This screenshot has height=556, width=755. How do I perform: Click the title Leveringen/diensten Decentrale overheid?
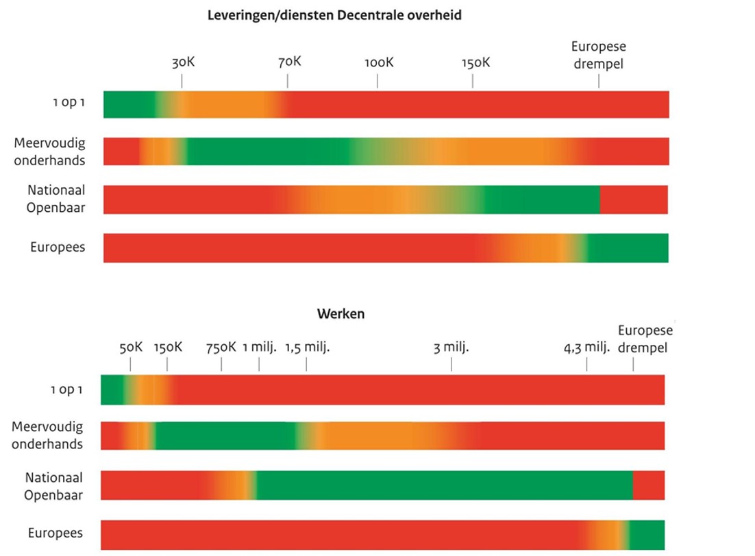point(334,15)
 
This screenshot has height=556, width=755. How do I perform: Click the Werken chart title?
point(341,314)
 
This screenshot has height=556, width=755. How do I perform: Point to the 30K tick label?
point(183,62)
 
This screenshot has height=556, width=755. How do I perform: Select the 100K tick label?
point(379,62)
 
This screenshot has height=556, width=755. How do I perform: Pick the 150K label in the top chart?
point(475,62)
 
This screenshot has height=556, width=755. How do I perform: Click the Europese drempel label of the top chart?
point(599,55)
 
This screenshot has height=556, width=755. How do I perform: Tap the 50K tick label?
point(131,347)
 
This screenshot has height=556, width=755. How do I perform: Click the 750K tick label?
point(221,347)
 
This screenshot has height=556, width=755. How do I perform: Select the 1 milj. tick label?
point(259,347)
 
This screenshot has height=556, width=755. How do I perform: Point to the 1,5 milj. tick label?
point(308,347)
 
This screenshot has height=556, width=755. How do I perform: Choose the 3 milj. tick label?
point(451,347)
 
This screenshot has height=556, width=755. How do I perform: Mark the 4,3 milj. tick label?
point(586,347)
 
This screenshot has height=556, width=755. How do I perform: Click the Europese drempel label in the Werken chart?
point(645,339)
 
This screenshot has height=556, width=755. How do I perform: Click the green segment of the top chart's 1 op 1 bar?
point(129,104)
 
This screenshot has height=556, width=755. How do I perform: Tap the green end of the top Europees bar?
point(628,247)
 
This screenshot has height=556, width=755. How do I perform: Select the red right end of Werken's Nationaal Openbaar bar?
point(649,485)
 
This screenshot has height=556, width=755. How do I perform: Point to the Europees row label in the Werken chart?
point(55,533)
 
